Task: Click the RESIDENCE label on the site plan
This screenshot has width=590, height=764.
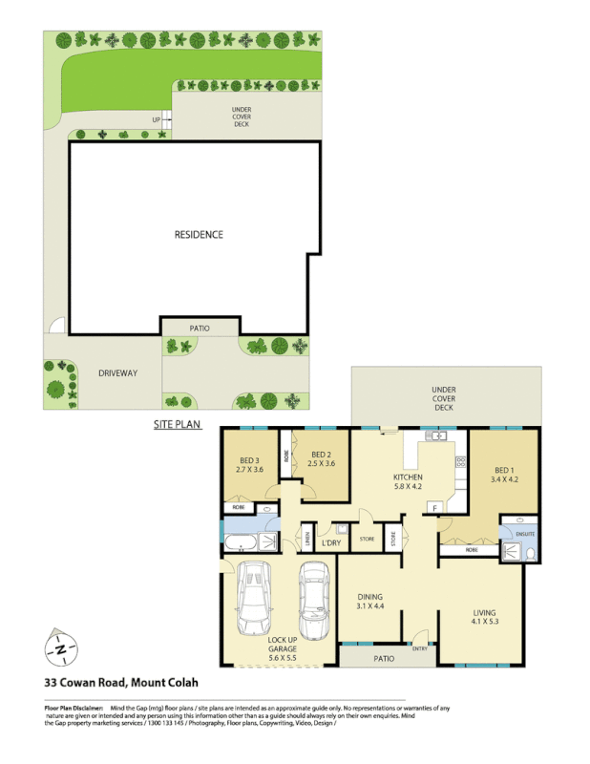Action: (199, 234)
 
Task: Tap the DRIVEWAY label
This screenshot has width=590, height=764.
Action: (116, 372)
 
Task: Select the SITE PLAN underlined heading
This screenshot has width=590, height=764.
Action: (178, 423)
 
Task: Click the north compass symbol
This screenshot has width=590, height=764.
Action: (61, 649)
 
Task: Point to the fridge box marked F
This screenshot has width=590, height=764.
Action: (436, 507)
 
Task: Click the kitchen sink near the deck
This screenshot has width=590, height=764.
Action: (438, 436)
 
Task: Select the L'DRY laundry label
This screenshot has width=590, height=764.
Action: (331, 543)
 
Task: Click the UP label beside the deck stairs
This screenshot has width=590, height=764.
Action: (155, 119)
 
